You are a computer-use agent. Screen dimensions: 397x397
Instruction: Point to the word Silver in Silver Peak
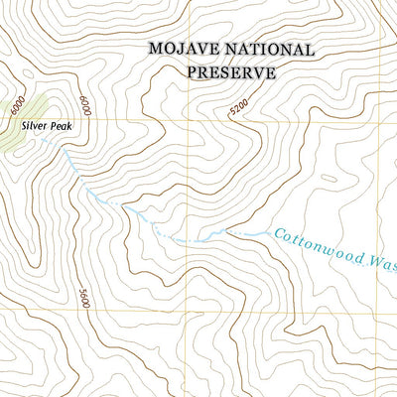point(31,127)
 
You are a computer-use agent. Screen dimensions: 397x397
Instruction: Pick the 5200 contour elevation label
point(239,110)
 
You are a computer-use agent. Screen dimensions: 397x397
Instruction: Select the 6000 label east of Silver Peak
point(85,106)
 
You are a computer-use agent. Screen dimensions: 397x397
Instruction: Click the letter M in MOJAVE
point(155,49)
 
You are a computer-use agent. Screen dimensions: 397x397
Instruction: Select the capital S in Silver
point(20,127)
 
